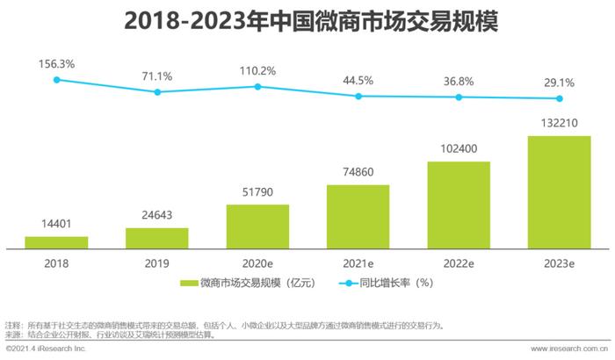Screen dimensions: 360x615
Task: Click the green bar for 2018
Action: click(56, 241)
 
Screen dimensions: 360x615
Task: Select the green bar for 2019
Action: click(156, 237)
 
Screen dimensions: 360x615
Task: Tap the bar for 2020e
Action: click(257, 226)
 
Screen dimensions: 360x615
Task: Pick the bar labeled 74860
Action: click(358, 216)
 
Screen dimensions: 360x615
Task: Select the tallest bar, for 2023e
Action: click(559, 191)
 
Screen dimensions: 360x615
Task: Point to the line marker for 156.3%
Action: click(56, 80)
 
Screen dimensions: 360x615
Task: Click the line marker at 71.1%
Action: click(156, 91)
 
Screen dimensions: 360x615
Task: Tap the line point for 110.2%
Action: click(257, 86)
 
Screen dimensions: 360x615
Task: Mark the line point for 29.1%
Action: click(559, 98)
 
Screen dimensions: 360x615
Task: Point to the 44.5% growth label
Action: click(358, 80)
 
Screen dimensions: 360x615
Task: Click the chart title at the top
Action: click(307, 19)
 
